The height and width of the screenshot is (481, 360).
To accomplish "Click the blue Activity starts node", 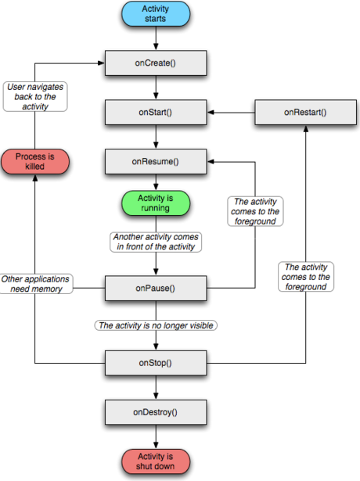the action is coord(156,14).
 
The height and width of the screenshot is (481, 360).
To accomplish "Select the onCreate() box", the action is coord(156,63).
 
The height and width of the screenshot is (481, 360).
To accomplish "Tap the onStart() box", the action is coord(156,113).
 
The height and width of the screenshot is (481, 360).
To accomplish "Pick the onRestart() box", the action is coord(305,113).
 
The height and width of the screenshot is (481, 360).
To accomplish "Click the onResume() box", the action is coord(156,162).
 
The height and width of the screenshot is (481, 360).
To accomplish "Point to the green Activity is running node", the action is coord(156,203).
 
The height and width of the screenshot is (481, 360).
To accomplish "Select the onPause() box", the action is coord(156,288).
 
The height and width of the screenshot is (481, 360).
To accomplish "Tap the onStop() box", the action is coord(156,363).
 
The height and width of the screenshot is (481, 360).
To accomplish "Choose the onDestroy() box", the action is coord(156,412).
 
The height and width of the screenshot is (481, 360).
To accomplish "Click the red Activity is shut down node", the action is coord(156,461).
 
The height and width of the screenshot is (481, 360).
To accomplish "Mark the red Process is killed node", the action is coord(35,162).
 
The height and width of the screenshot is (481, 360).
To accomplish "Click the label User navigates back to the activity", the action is coord(35,97).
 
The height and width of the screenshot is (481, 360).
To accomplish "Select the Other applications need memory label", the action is coord(36,284).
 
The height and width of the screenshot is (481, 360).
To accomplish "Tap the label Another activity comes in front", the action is coord(156,242).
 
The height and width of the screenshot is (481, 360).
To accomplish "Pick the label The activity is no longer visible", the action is coord(156,325).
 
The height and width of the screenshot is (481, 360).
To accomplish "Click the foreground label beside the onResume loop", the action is coord(255,211).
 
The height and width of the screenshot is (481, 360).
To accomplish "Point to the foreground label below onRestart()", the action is coord(306,277).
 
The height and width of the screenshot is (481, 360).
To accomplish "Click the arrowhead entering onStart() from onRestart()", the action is coord(211,113).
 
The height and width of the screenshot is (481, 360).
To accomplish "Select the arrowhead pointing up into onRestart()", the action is coord(306,129).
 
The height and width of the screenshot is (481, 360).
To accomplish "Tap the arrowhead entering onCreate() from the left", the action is coord(101,63).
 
